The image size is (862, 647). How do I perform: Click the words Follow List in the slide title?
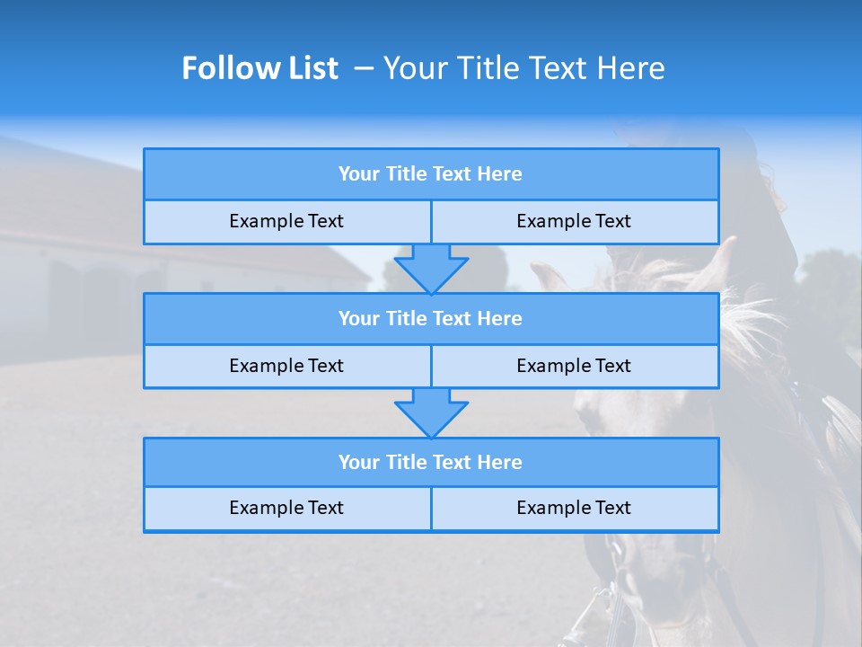(x=259, y=68)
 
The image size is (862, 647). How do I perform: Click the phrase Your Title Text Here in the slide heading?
(x=523, y=68)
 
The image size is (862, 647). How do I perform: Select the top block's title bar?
(x=431, y=174)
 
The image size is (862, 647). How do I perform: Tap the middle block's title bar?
(x=431, y=319)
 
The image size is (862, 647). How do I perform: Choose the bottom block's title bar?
(x=431, y=463)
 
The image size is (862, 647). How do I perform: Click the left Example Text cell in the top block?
(x=286, y=222)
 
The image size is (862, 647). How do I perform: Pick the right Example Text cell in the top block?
(x=574, y=222)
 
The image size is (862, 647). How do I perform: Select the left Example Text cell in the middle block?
(x=286, y=367)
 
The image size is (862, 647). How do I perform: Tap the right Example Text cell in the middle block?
(x=574, y=367)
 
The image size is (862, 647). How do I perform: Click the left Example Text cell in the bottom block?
(x=286, y=509)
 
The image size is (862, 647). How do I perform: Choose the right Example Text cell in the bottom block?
(x=574, y=509)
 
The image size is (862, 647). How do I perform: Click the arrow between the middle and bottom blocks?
(x=431, y=412)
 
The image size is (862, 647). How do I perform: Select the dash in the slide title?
(x=364, y=68)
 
